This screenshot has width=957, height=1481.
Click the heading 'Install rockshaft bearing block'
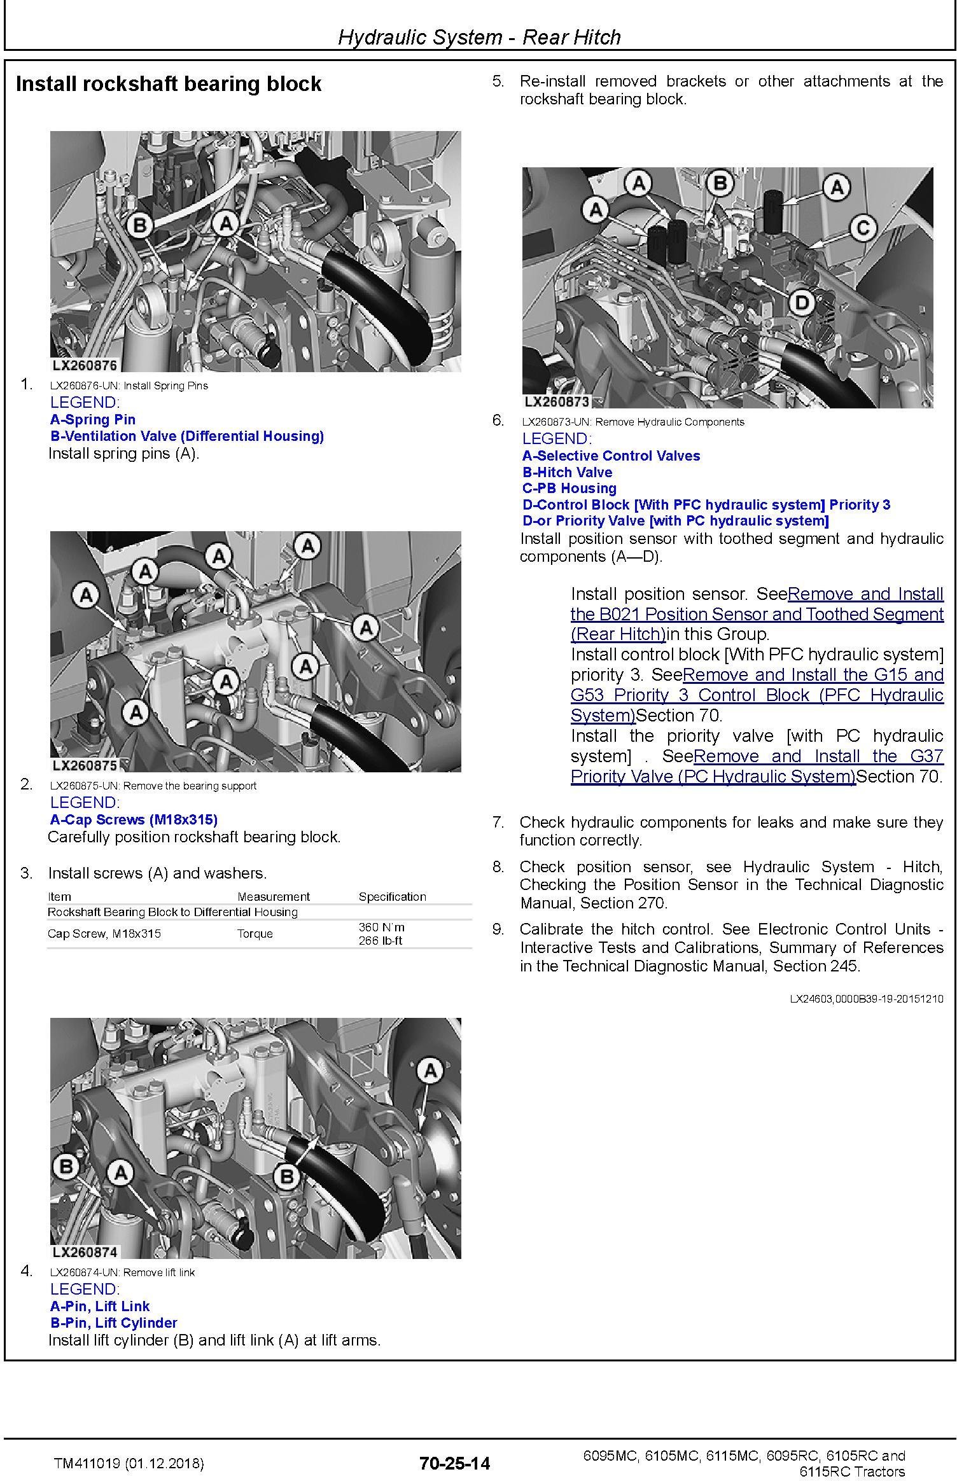tap(169, 84)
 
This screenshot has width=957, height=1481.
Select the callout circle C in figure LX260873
tap(862, 227)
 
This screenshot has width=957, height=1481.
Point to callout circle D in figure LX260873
tap(802, 302)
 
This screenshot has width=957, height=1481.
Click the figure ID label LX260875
tap(85, 765)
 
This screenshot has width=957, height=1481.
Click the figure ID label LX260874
tap(85, 1252)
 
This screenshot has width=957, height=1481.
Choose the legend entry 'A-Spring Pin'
tap(93, 419)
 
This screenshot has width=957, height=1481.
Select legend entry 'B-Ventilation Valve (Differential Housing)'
tap(187, 436)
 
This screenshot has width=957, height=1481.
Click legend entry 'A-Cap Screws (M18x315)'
tap(134, 819)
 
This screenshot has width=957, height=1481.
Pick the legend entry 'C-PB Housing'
tap(569, 488)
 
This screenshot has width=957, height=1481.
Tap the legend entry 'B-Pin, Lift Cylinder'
tap(114, 1323)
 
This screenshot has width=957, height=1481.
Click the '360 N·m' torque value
tap(381, 927)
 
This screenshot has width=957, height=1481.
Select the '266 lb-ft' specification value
tap(380, 940)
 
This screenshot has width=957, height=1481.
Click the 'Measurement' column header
tap(274, 896)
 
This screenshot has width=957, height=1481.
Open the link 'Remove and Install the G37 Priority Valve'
tap(757, 767)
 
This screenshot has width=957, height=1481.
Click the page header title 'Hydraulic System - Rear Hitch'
tap(479, 37)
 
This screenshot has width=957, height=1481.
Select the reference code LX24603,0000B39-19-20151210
tap(867, 999)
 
